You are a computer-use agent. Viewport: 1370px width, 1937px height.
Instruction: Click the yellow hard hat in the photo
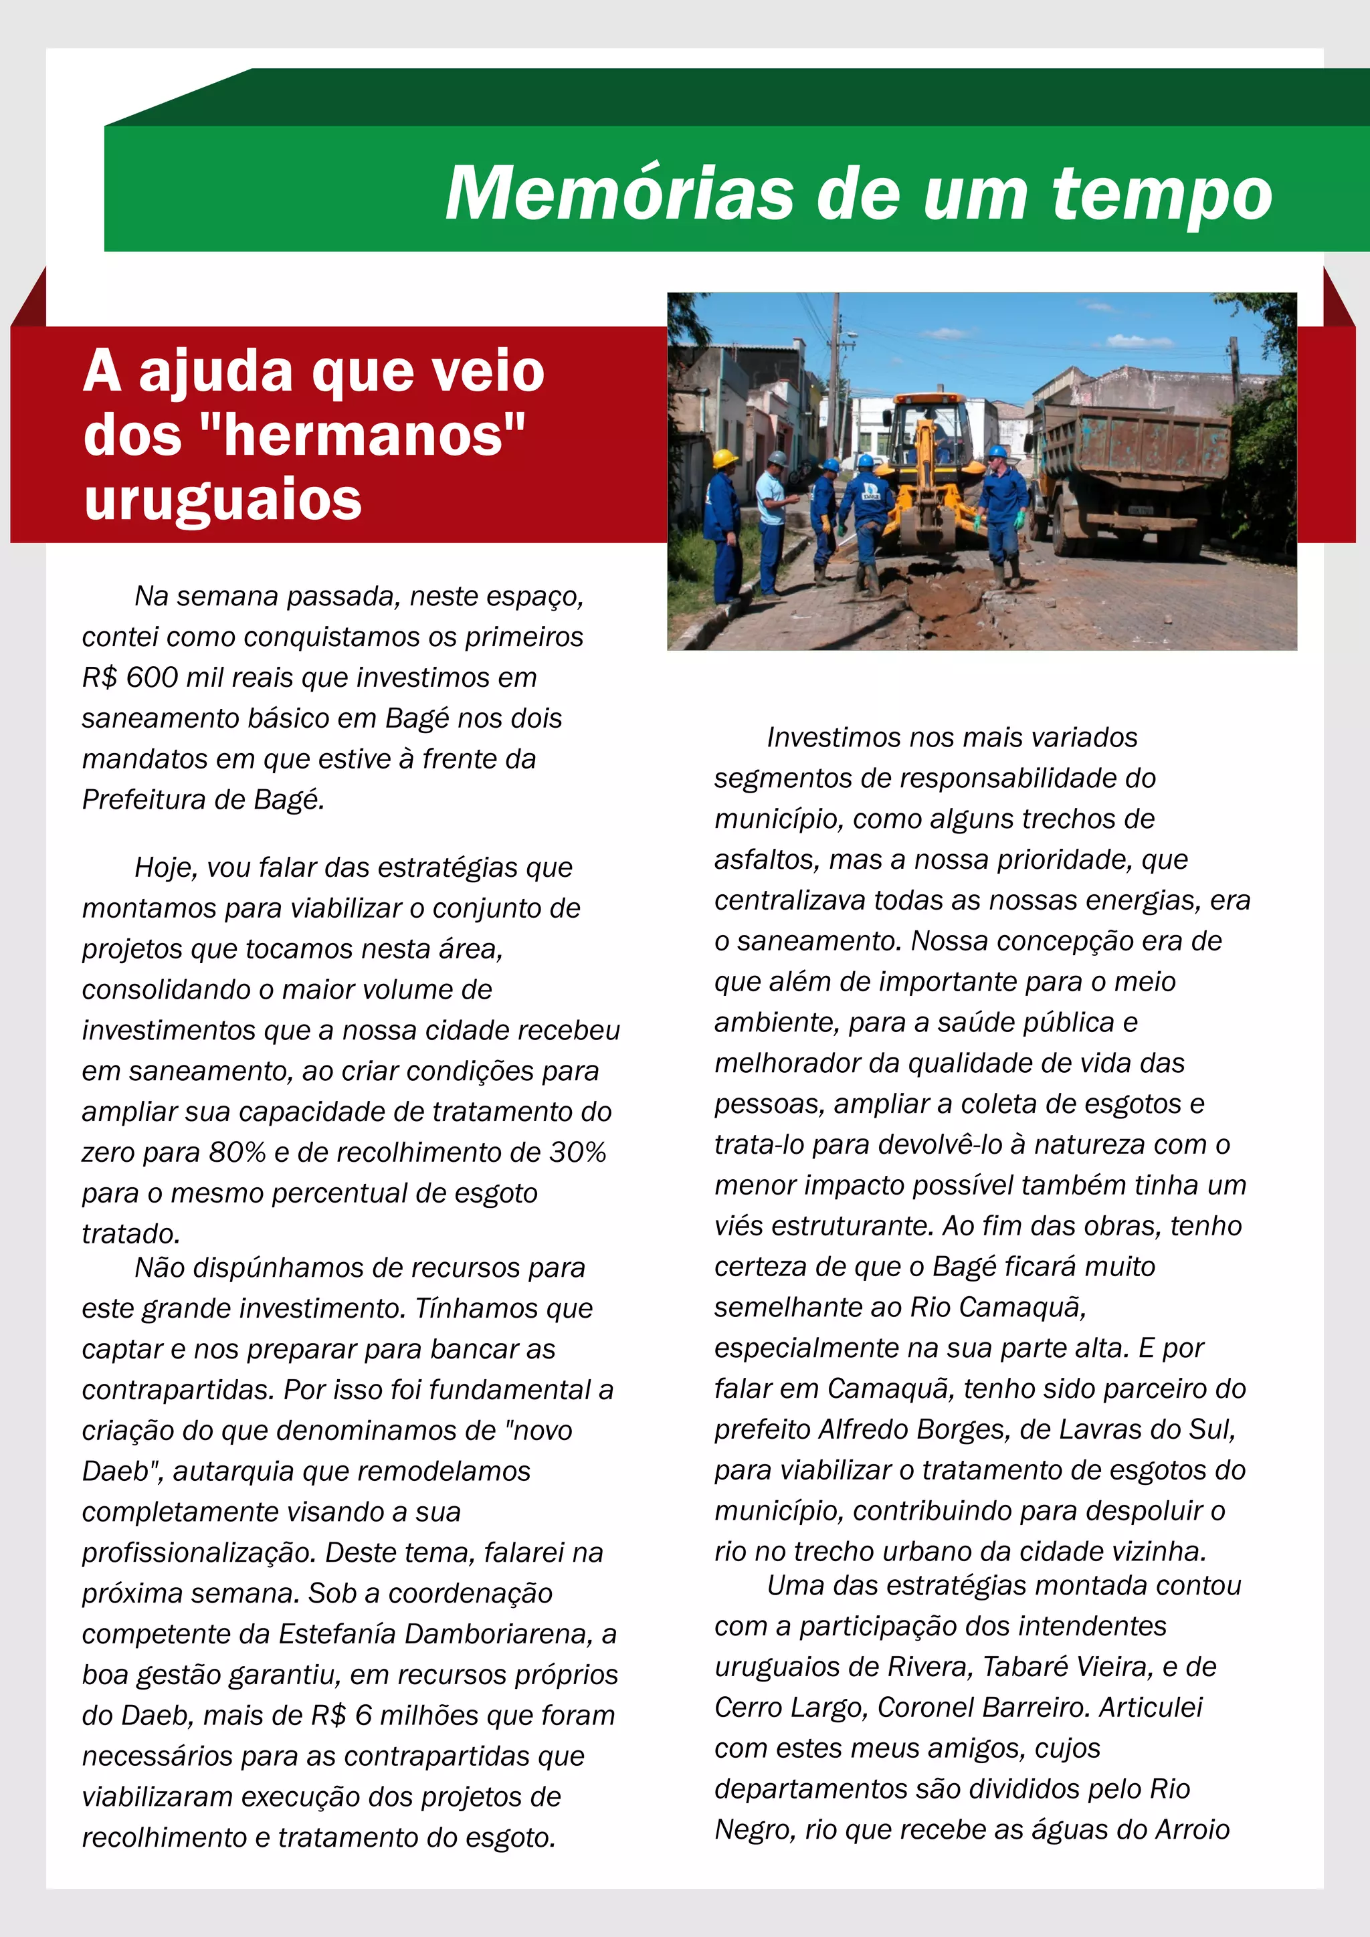[x=724, y=458]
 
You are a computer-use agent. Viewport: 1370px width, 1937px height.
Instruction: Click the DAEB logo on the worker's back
[x=870, y=495]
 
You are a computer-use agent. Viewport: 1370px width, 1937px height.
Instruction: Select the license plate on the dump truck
[x=1141, y=510]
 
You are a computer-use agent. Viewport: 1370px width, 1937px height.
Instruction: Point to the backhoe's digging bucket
[x=928, y=532]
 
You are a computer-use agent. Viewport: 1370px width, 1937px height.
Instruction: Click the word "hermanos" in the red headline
[x=363, y=435]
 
